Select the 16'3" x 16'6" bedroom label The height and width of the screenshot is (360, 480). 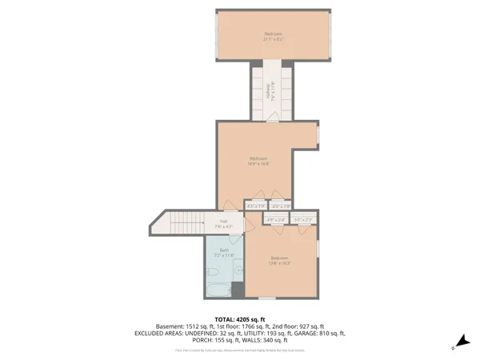point(258,160)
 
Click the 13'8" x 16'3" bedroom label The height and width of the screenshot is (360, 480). point(280,260)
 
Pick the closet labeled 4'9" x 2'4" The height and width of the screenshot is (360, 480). point(276,219)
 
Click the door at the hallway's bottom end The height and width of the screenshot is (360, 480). point(273,118)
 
